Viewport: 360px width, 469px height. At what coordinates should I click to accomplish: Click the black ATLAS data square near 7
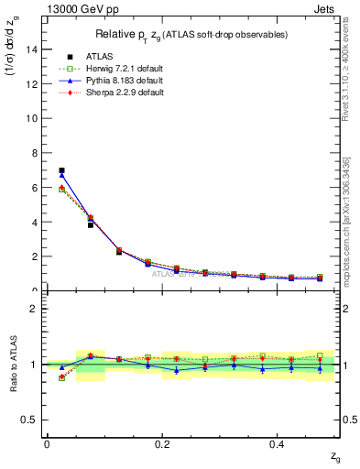coord(61,170)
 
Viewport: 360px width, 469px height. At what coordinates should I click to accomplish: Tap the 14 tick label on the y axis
coord(34,49)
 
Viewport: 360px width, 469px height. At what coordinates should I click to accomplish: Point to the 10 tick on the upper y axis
coord(34,118)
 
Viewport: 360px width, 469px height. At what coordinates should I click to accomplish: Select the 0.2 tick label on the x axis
coord(162,443)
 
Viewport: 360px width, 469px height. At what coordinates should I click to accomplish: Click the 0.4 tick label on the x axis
coord(278,443)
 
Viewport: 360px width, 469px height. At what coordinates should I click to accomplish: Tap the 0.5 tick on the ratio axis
coord(32,420)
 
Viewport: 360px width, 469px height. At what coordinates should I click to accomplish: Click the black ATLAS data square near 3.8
coord(91,224)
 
